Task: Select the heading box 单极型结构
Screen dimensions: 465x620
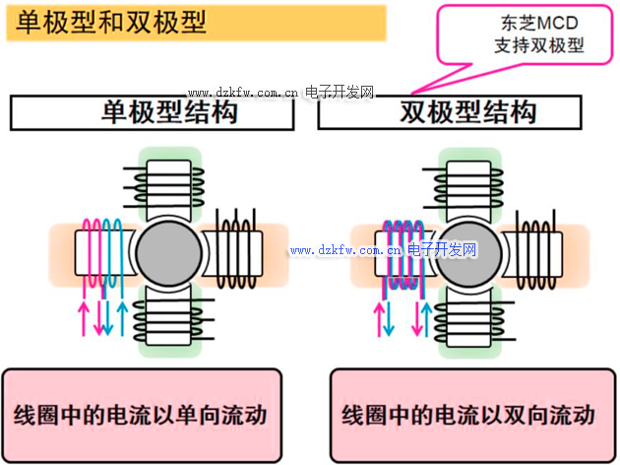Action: [x=153, y=112]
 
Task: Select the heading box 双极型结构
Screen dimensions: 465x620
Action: [x=467, y=112]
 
